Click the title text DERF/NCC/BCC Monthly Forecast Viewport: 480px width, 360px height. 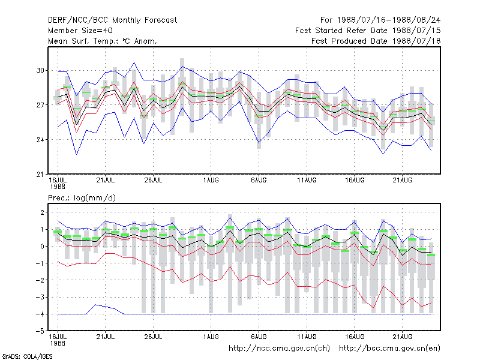coord(112,20)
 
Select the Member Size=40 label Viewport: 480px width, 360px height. coord(80,31)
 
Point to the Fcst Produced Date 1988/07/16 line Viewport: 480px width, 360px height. coord(376,41)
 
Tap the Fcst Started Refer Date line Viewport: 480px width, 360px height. coord(368,31)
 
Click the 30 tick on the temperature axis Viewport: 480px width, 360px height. coord(40,70)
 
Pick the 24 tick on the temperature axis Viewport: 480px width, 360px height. coord(40,140)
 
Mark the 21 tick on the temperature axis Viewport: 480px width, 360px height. coord(40,175)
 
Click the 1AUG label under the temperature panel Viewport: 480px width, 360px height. coord(211,181)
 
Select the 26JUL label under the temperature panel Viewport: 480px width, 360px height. coord(153,181)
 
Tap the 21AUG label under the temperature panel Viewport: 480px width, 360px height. coord(402,181)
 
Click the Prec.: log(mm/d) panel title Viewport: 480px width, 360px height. coord(82,198)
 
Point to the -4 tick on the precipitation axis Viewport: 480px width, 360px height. coord(40,314)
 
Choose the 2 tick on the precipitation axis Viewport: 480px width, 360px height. coord(42,212)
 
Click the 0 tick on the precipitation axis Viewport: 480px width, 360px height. coord(42,247)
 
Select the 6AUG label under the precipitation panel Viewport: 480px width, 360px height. coord(259,337)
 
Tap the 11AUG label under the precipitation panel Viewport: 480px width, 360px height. coord(307,337)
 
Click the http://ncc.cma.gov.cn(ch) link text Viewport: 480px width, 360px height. coord(279,349)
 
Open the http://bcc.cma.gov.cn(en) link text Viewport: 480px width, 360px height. coord(389,349)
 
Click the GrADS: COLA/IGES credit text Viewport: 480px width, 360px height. coord(27,356)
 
